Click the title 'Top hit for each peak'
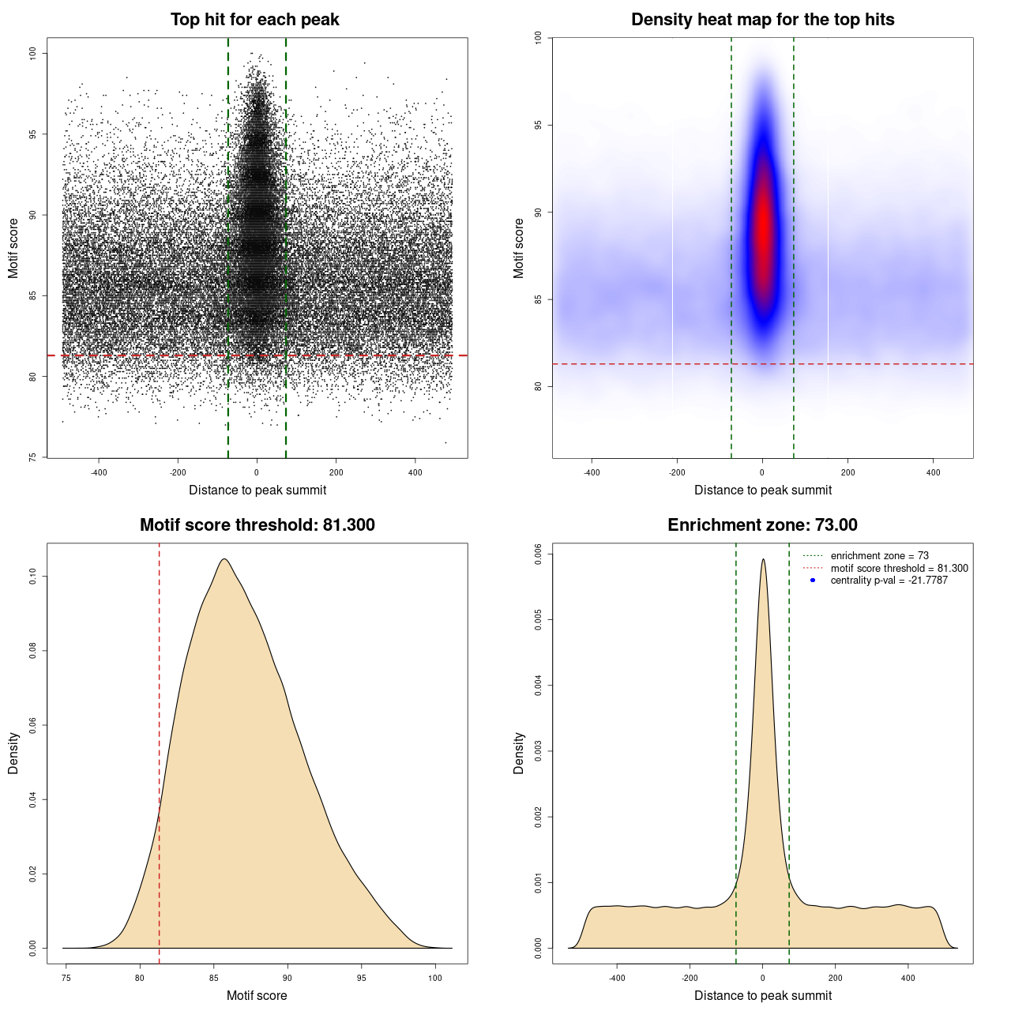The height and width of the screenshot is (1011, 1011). (x=254, y=20)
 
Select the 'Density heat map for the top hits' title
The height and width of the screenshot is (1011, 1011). (x=762, y=20)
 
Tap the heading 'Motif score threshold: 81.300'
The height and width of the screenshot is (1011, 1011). (x=257, y=525)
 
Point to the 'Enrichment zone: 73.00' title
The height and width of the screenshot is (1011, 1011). (x=762, y=525)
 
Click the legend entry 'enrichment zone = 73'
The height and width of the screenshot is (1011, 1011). (x=879, y=556)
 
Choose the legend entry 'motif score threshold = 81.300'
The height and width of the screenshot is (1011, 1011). (x=899, y=568)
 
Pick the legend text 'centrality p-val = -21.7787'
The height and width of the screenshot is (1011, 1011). (x=889, y=581)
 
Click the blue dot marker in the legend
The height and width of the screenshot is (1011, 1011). (x=813, y=581)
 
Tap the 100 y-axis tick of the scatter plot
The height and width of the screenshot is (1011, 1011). (x=32, y=53)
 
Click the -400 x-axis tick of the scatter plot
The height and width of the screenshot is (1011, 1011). (x=99, y=472)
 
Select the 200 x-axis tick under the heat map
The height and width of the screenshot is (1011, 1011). (x=848, y=472)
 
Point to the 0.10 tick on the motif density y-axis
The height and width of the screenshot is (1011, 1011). (x=32, y=577)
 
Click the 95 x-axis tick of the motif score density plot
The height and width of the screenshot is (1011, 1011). (x=362, y=978)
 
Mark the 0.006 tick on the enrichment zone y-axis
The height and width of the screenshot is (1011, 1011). (x=538, y=554)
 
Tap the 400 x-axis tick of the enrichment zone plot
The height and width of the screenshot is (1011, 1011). (x=908, y=978)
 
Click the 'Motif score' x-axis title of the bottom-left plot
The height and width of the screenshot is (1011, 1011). (x=257, y=995)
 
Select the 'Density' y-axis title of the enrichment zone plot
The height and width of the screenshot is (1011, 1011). (x=519, y=753)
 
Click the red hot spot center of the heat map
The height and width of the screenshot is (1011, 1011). (x=763, y=229)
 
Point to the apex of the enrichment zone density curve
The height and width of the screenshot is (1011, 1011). (x=763, y=560)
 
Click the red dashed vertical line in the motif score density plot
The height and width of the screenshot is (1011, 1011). (x=160, y=750)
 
